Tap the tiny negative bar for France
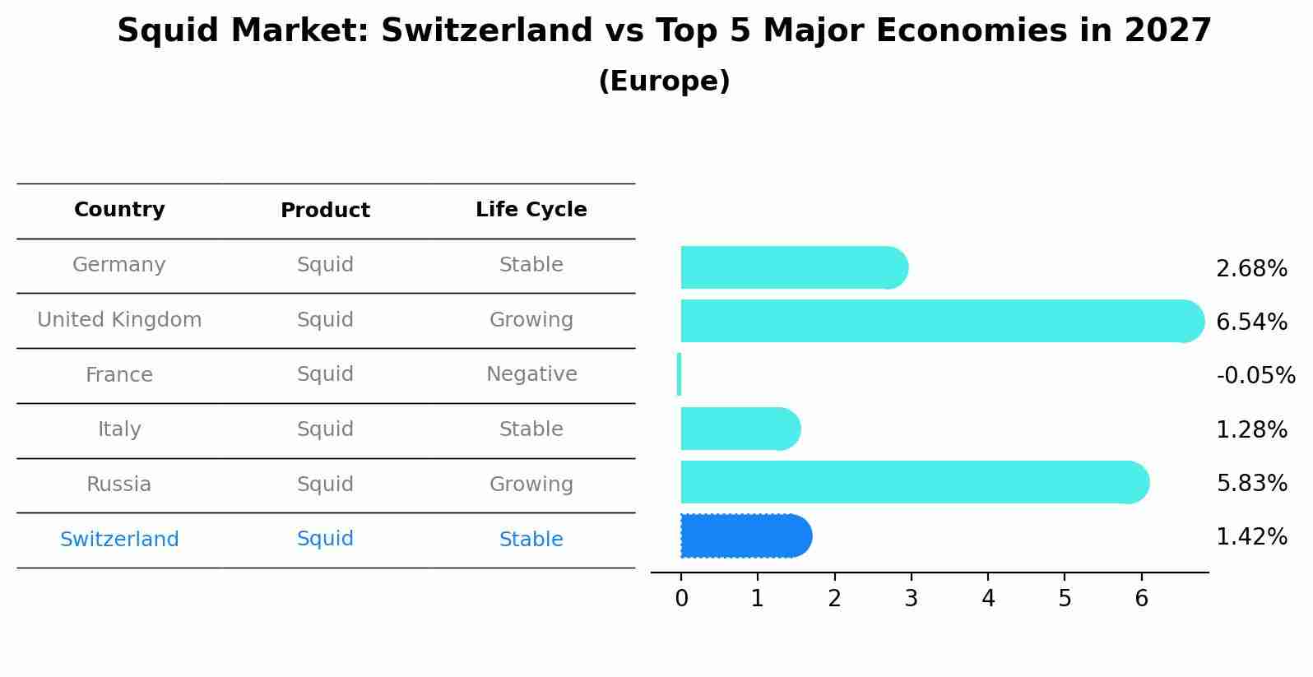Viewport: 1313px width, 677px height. (x=679, y=374)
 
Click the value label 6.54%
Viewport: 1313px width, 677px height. (x=1251, y=322)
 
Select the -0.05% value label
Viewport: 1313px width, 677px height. (x=1255, y=376)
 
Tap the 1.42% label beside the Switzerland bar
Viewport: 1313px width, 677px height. (x=1251, y=537)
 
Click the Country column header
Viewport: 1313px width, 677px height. (x=119, y=210)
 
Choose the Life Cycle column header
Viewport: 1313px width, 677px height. (x=531, y=210)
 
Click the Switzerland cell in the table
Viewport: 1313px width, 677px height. (x=119, y=540)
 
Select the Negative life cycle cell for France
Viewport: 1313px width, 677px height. (x=531, y=374)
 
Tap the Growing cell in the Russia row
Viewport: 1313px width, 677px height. (x=531, y=485)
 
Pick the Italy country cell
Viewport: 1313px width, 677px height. (x=119, y=429)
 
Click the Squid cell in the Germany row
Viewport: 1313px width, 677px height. (x=325, y=265)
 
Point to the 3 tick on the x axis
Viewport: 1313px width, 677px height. (x=911, y=599)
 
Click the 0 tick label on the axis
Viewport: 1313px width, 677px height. (x=681, y=599)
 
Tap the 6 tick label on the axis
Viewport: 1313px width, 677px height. (x=1141, y=599)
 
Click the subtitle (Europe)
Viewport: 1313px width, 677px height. (x=664, y=81)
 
